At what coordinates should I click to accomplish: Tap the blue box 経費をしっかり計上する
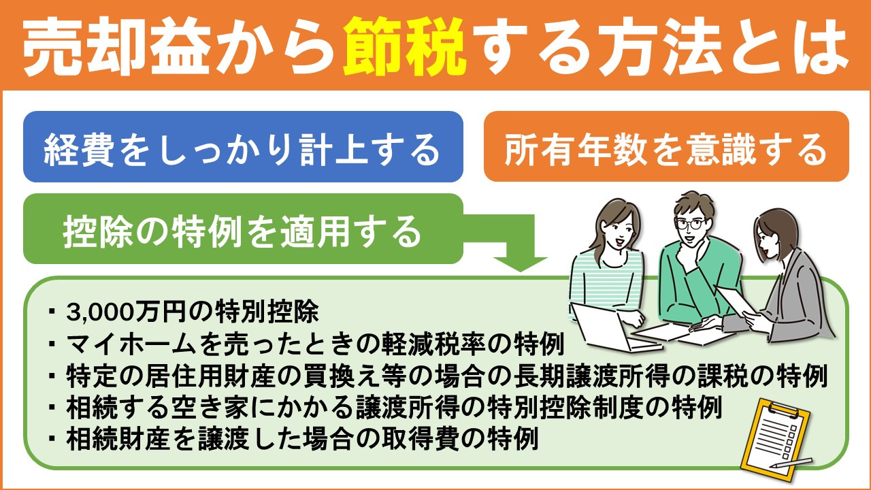pos(243,148)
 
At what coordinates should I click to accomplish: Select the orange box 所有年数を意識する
pos(665,148)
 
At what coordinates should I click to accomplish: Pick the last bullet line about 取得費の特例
pos(302,440)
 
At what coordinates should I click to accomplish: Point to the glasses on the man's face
pos(689,223)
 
